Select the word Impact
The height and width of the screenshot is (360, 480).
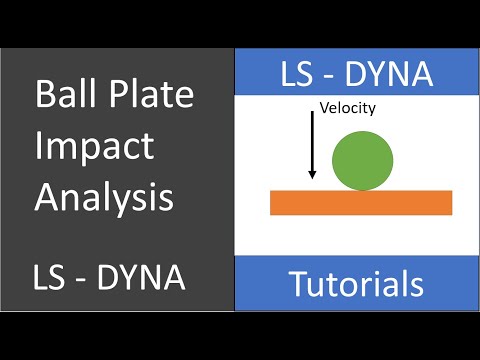tap(94, 147)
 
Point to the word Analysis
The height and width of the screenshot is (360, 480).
tap(104, 197)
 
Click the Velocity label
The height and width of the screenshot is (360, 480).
tap(347, 108)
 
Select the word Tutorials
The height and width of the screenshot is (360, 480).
tap(357, 284)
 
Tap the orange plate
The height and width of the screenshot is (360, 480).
tap(361, 202)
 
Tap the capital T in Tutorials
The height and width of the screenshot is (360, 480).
tap(297, 284)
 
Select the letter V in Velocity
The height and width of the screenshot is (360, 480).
tap(323, 108)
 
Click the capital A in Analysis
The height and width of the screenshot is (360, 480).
tap(46, 197)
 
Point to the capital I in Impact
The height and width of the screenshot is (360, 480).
tap(38, 147)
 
